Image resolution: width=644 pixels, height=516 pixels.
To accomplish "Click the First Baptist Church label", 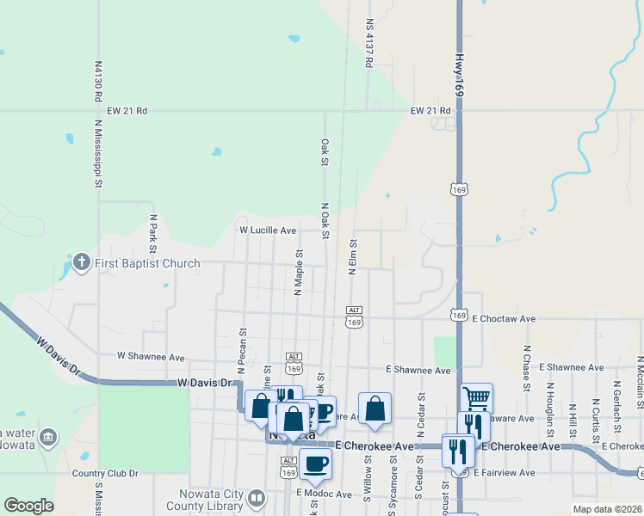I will [147, 263].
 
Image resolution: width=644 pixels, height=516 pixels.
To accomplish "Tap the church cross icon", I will [82, 262].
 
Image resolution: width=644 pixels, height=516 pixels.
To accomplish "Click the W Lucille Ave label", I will [268, 230].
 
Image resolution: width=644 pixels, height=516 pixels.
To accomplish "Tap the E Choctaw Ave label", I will [504, 318].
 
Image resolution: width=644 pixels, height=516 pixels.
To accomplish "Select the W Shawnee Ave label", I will [151, 356].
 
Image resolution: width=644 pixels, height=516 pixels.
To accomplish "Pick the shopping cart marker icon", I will [476, 397].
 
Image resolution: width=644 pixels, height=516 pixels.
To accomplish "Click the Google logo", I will [28, 506].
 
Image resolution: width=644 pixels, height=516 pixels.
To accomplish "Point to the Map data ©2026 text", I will [607, 509].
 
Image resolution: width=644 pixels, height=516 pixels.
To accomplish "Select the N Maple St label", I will [298, 273].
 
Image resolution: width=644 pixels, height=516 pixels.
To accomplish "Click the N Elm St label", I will [352, 256].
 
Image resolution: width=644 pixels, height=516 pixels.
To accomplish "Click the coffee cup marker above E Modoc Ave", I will [315, 463].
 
